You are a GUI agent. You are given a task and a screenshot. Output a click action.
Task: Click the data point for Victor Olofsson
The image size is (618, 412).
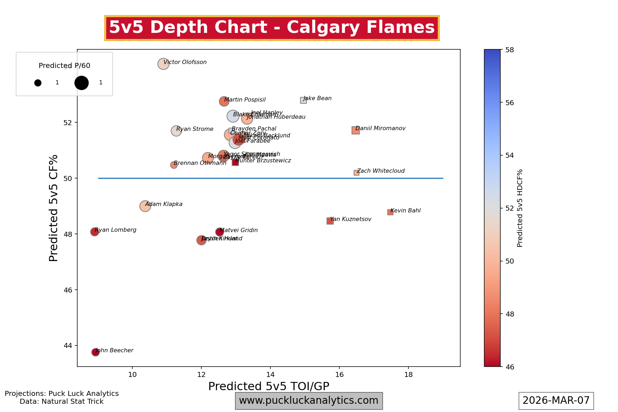coord(163,64)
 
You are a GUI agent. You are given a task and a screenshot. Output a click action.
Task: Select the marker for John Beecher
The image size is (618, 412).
coord(95,352)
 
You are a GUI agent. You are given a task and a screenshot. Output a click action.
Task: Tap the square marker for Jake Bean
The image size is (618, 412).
coord(303,100)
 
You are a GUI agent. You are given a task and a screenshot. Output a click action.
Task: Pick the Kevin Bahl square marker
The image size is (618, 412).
coord(390,212)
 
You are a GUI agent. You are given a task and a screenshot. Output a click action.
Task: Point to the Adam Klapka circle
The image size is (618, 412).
coord(145,206)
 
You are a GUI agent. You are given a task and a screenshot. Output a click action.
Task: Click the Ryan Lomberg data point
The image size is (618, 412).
coord(94,232)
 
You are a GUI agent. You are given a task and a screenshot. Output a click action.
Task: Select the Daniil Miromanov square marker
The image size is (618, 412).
coord(355,130)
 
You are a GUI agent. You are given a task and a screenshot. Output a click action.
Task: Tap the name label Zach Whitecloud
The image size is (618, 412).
coord(381,171)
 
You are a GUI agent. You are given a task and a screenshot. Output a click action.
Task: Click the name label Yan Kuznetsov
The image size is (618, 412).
coord(351,219)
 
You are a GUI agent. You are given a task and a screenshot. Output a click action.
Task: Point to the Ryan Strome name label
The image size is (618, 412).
coord(195,129)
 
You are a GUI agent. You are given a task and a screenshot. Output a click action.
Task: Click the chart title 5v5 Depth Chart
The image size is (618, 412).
coord(272,28)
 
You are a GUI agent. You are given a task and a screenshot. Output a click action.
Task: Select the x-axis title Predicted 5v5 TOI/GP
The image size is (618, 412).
coord(269,386)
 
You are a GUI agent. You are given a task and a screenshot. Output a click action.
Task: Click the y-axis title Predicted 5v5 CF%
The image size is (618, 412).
coord(54,208)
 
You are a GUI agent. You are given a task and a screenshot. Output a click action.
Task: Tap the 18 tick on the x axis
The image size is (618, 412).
coord(408,374)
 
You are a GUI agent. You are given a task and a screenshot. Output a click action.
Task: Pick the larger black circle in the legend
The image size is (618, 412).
coord(82,83)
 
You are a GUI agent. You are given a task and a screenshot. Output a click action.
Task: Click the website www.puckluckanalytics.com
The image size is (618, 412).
coord(309,401)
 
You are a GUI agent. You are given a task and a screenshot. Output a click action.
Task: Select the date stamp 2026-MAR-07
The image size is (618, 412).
coord(556,401)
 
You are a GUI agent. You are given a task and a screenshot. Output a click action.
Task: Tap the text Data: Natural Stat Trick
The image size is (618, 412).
coord(62,402)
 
